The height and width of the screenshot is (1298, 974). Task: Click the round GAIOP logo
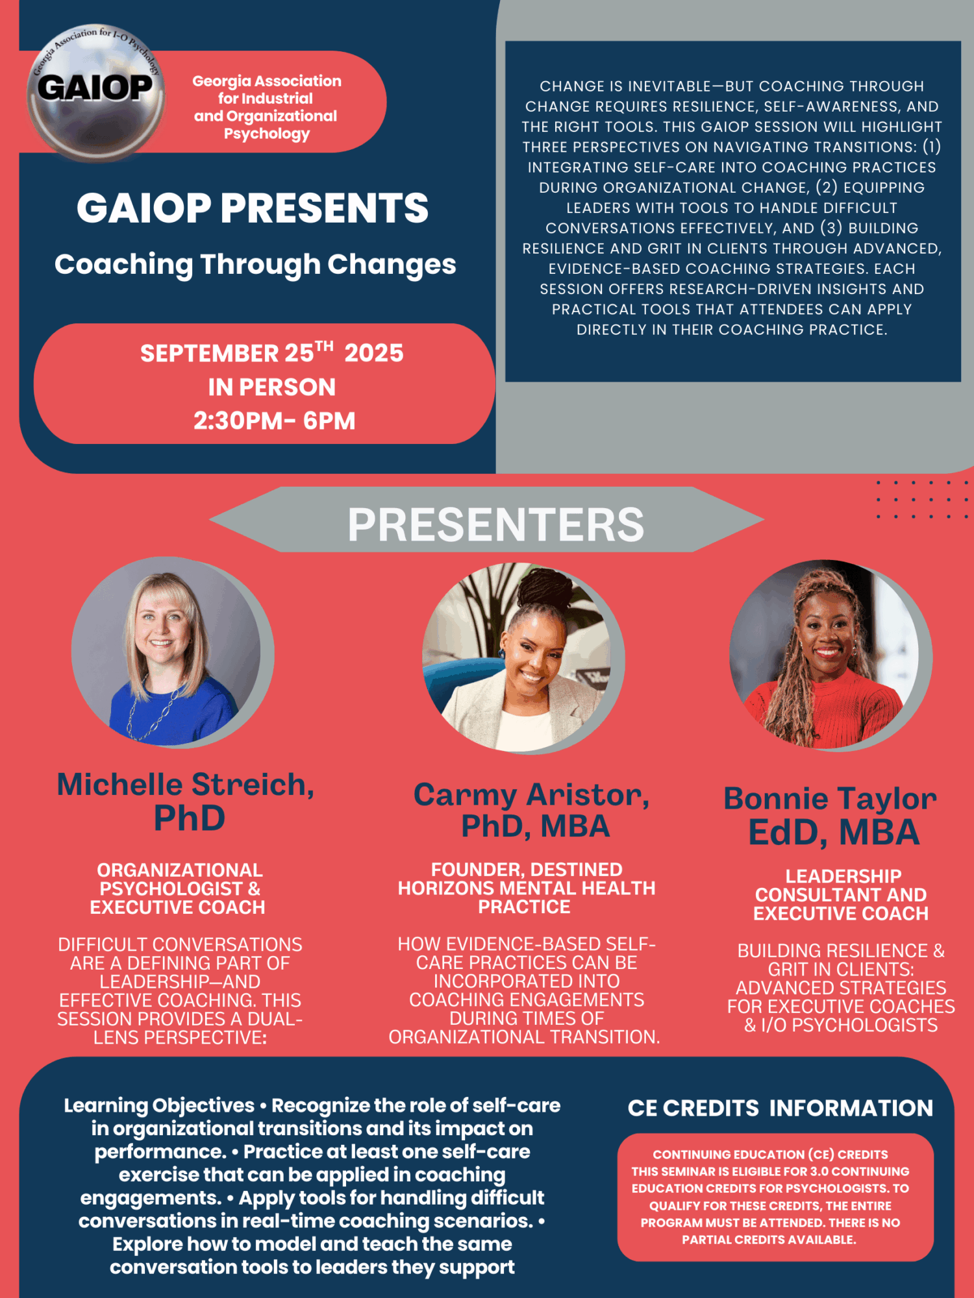[x=95, y=93]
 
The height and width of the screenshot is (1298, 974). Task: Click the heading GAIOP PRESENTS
[x=253, y=208]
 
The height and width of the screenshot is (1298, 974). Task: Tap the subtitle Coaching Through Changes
[x=255, y=265]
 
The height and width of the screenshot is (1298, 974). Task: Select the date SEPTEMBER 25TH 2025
[x=271, y=352]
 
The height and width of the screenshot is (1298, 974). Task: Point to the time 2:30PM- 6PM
[x=274, y=421]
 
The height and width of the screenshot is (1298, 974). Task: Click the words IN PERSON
[x=271, y=387]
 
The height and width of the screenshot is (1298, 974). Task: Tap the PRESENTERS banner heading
[x=496, y=524]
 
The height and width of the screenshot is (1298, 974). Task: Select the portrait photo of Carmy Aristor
[x=523, y=657]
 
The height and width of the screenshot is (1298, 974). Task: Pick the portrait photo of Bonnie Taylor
[x=830, y=655]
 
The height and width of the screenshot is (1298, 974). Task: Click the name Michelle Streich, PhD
[x=186, y=801]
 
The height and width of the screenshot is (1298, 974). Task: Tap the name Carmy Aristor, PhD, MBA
[x=532, y=810]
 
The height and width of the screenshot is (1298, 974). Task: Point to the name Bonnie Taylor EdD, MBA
[x=831, y=816]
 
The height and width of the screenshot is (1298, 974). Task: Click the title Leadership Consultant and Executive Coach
[x=841, y=895]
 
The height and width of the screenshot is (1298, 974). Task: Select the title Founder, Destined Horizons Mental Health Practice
[x=527, y=888]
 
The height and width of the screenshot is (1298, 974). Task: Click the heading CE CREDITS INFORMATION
[x=780, y=1108]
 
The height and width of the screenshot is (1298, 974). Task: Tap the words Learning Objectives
[x=159, y=1105]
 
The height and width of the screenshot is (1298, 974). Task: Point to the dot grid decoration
[x=922, y=500]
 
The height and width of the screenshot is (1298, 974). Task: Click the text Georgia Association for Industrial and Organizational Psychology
[x=266, y=107]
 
